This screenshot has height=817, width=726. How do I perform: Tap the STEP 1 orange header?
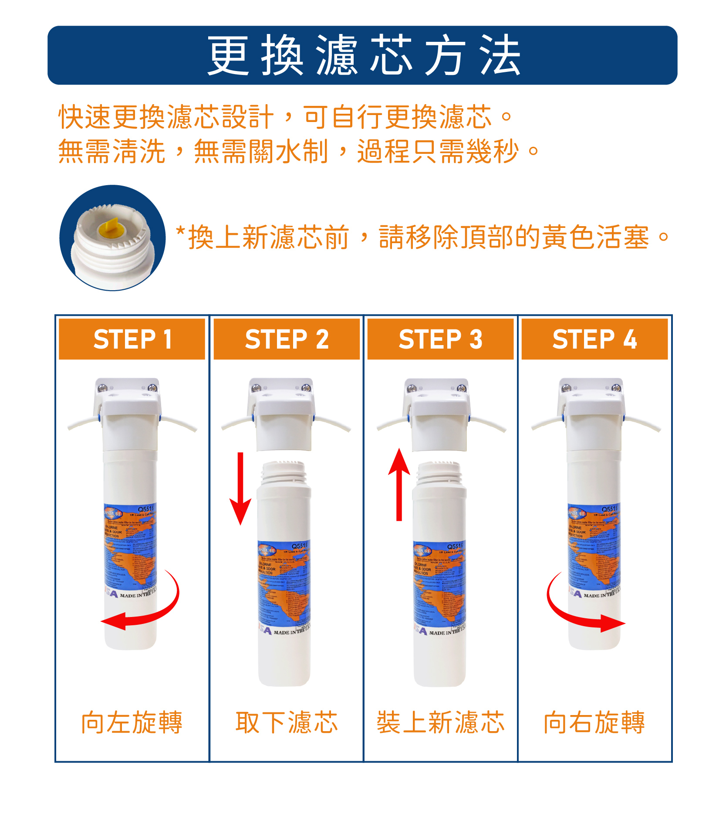pos(132,339)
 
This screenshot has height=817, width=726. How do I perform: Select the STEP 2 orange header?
pos(287,339)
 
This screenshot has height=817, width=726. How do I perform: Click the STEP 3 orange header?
pos(440,339)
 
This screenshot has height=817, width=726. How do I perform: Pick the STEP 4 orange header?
pos(594,339)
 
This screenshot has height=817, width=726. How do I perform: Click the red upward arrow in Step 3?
pos(399,484)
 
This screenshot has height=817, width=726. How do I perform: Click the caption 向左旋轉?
pos(132,722)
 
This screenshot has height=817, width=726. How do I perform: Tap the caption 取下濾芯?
pos(287,722)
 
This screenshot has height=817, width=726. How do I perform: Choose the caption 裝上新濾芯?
pos(440,722)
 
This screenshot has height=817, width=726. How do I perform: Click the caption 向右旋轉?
pos(594,722)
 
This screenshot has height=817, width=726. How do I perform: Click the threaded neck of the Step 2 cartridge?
pos(284,473)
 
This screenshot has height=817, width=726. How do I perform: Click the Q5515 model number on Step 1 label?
pos(146,509)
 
